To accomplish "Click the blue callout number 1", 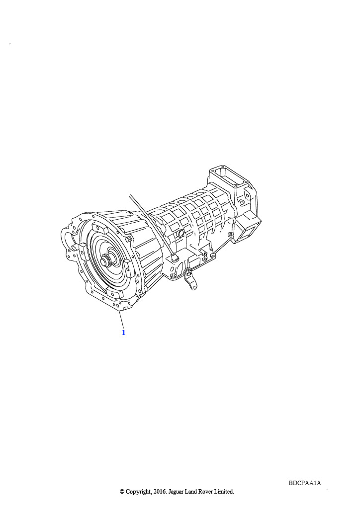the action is coord(123,333).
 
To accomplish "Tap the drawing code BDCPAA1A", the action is coord(305,483).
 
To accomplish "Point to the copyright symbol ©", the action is coord(122,492).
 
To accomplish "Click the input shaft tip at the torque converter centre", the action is coord(104,260).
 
